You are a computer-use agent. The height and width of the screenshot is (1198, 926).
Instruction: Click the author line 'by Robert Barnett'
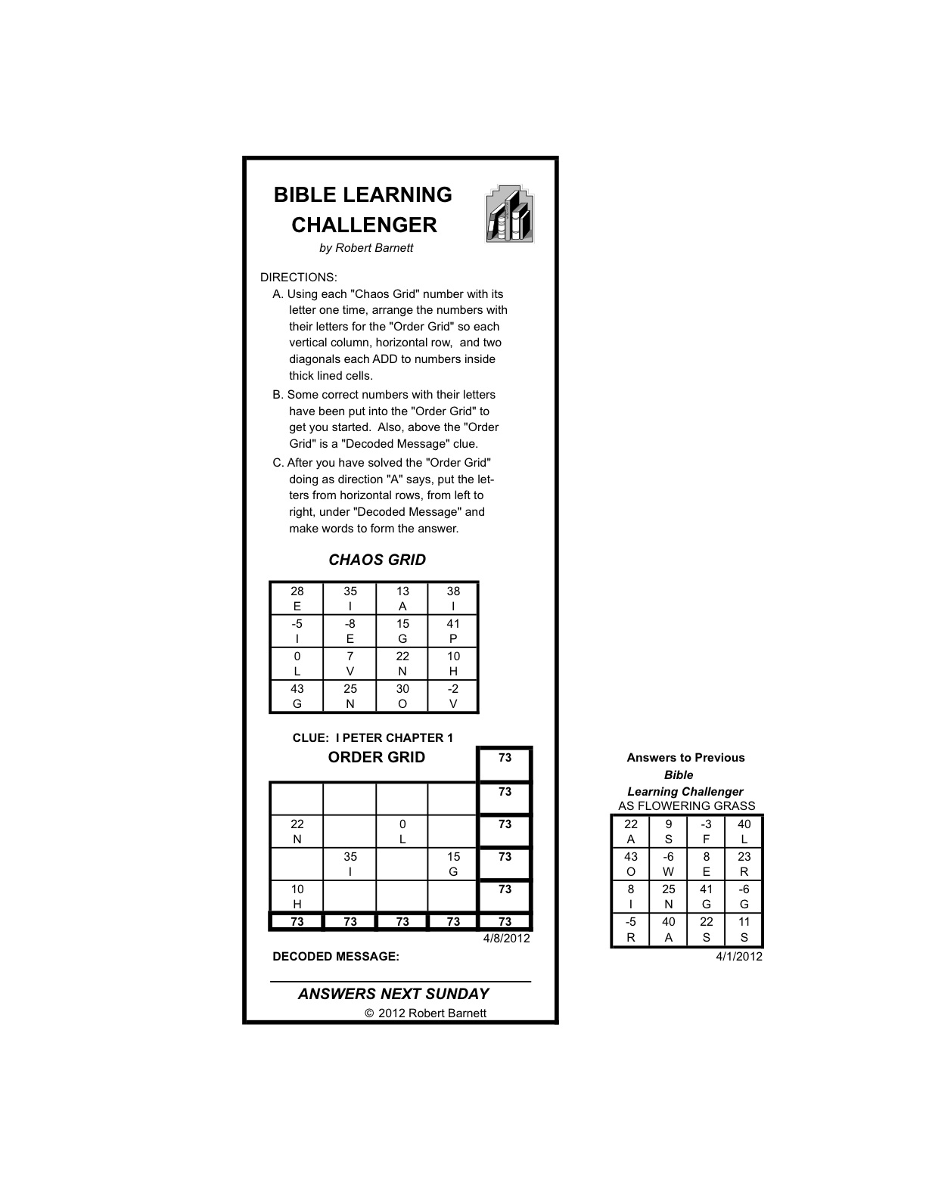pyautogui.click(x=366, y=248)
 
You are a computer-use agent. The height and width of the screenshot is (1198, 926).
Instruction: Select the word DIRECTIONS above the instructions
pyautogui.click(x=299, y=278)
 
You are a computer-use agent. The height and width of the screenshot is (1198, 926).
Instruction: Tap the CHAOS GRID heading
pyautogui.click(x=377, y=560)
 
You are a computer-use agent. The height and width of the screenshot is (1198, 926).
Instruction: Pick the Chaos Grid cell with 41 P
pyautogui.click(x=453, y=631)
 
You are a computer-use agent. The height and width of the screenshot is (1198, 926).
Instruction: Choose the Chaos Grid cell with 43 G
pyautogui.click(x=297, y=696)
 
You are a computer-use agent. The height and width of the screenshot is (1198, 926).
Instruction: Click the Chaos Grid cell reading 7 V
pyautogui.click(x=350, y=663)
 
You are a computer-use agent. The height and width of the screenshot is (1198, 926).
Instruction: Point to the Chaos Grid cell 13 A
pyautogui.click(x=402, y=598)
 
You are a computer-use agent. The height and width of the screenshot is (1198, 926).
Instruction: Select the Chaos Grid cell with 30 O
pyautogui.click(x=402, y=696)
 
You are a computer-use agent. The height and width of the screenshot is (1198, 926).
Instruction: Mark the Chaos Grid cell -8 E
pyautogui.click(x=350, y=631)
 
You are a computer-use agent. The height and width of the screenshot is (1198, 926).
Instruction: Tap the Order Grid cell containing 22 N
pyautogui.click(x=297, y=831)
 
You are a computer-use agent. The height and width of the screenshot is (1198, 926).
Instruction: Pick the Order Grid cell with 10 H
pyautogui.click(x=297, y=896)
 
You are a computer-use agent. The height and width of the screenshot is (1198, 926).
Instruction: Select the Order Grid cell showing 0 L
pyautogui.click(x=402, y=831)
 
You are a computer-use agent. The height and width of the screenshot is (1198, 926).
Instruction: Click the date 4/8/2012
pyautogui.click(x=507, y=939)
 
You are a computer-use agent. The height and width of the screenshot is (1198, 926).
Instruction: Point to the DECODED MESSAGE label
pyautogui.click(x=336, y=957)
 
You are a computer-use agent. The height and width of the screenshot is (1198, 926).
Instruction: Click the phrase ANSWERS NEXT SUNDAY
pyautogui.click(x=393, y=994)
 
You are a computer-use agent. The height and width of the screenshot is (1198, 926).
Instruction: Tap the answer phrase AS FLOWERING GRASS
pyautogui.click(x=686, y=806)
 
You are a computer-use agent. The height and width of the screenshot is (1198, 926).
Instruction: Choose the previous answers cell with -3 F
pyautogui.click(x=706, y=831)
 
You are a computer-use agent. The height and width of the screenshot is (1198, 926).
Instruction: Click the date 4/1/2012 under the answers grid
pyautogui.click(x=739, y=957)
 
